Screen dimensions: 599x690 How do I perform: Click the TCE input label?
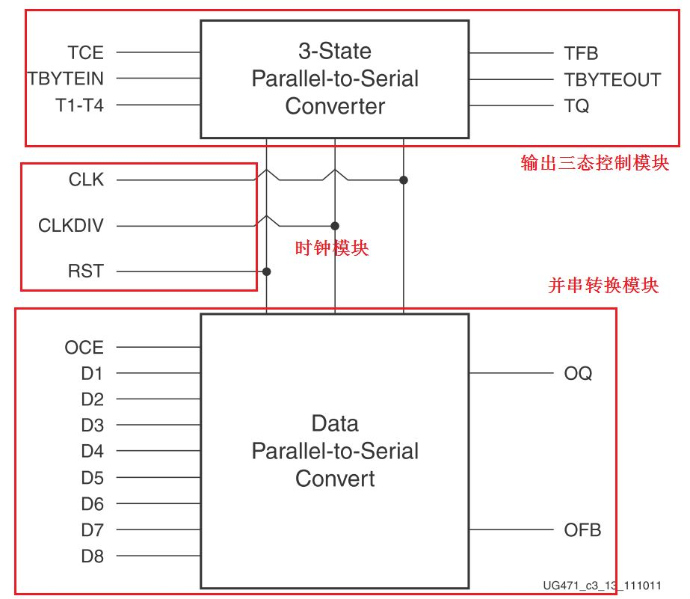click(x=86, y=53)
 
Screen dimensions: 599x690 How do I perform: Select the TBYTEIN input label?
click(x=66, y=79)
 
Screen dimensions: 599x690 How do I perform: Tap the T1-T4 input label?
click(x=79, y=105)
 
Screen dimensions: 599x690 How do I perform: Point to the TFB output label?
click(x=581, y=53)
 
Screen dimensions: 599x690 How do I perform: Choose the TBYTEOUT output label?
click(x=612, y=80)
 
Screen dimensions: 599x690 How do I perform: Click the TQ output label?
click(x=576, y=106)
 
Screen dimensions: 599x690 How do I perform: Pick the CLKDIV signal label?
click(x=71, y=226)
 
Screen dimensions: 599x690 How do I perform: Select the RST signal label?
click(x=86, y=271)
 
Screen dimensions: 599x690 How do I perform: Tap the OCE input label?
click(x=84, y=347)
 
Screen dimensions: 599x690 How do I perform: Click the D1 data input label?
click(x=92, y=373)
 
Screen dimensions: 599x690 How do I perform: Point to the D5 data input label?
click(x=92, y=477)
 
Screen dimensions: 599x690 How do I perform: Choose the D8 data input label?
click(x=92, y=556)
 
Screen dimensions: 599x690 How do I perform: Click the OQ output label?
click(x=578, y=373)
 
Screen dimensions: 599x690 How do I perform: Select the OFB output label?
click(x=582, y=530)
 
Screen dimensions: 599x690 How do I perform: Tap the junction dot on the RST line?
click(x=267, y=271)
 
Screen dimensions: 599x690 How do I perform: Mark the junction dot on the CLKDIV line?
click(x=335, y=226)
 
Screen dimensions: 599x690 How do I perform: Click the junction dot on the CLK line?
click(x=404, y=180)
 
